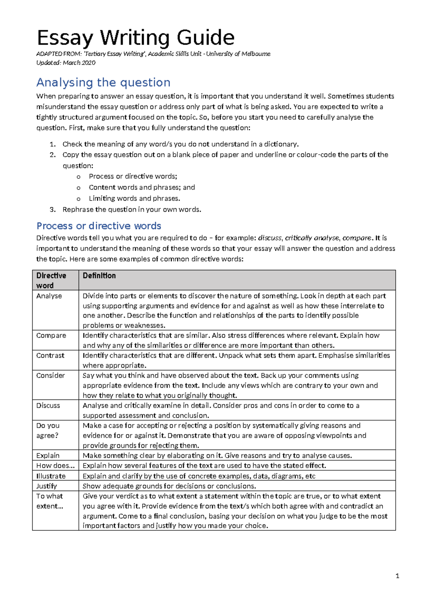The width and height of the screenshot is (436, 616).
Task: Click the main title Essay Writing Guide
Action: pyautogui.click(x=136, y=38)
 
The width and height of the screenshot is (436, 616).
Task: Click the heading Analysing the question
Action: pyautogui.click(x=103, y=82)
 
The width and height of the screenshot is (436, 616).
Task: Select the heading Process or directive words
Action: pyautogui.click(x=98, y=226)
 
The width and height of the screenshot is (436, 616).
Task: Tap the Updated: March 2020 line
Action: pyautogui.click(x=66, y=63)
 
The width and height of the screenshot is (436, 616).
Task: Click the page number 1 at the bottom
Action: pyautogui.click(x=397, y=576)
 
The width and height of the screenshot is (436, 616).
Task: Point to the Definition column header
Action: pyautogui.click(x=99, y=276)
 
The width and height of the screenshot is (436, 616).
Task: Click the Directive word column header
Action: pyautogui.click(x=51, y=280)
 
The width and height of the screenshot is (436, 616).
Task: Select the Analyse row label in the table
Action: pyautogui.click(x=49, y=296)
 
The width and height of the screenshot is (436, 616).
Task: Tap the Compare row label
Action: pyautogui.click(x=51, y=336)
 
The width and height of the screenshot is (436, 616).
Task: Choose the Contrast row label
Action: pyautogui.click(x=50, y=356)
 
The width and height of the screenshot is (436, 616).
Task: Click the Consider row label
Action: pyautogui.click(x=51, y=376)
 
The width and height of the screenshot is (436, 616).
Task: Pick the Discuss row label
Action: pyautogui.click(x=48, y=406)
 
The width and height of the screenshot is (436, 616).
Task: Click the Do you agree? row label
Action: pyautogui.click(x=48, y=430)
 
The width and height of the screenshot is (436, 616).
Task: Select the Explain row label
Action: pyautogui.click(x=48, y=455)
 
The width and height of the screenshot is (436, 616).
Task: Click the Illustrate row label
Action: pyautogui.click(x=51, y=476)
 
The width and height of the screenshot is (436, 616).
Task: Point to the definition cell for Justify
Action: pyautogui.click(x=169, y=486)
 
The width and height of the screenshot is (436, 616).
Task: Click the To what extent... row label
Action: pyautogui.click(x=49, y=501)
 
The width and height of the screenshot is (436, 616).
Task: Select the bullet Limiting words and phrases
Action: pyautogui.click(x=134, y=199)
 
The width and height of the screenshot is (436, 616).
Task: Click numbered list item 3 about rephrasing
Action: pyautogui.click(x=132, y=210)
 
